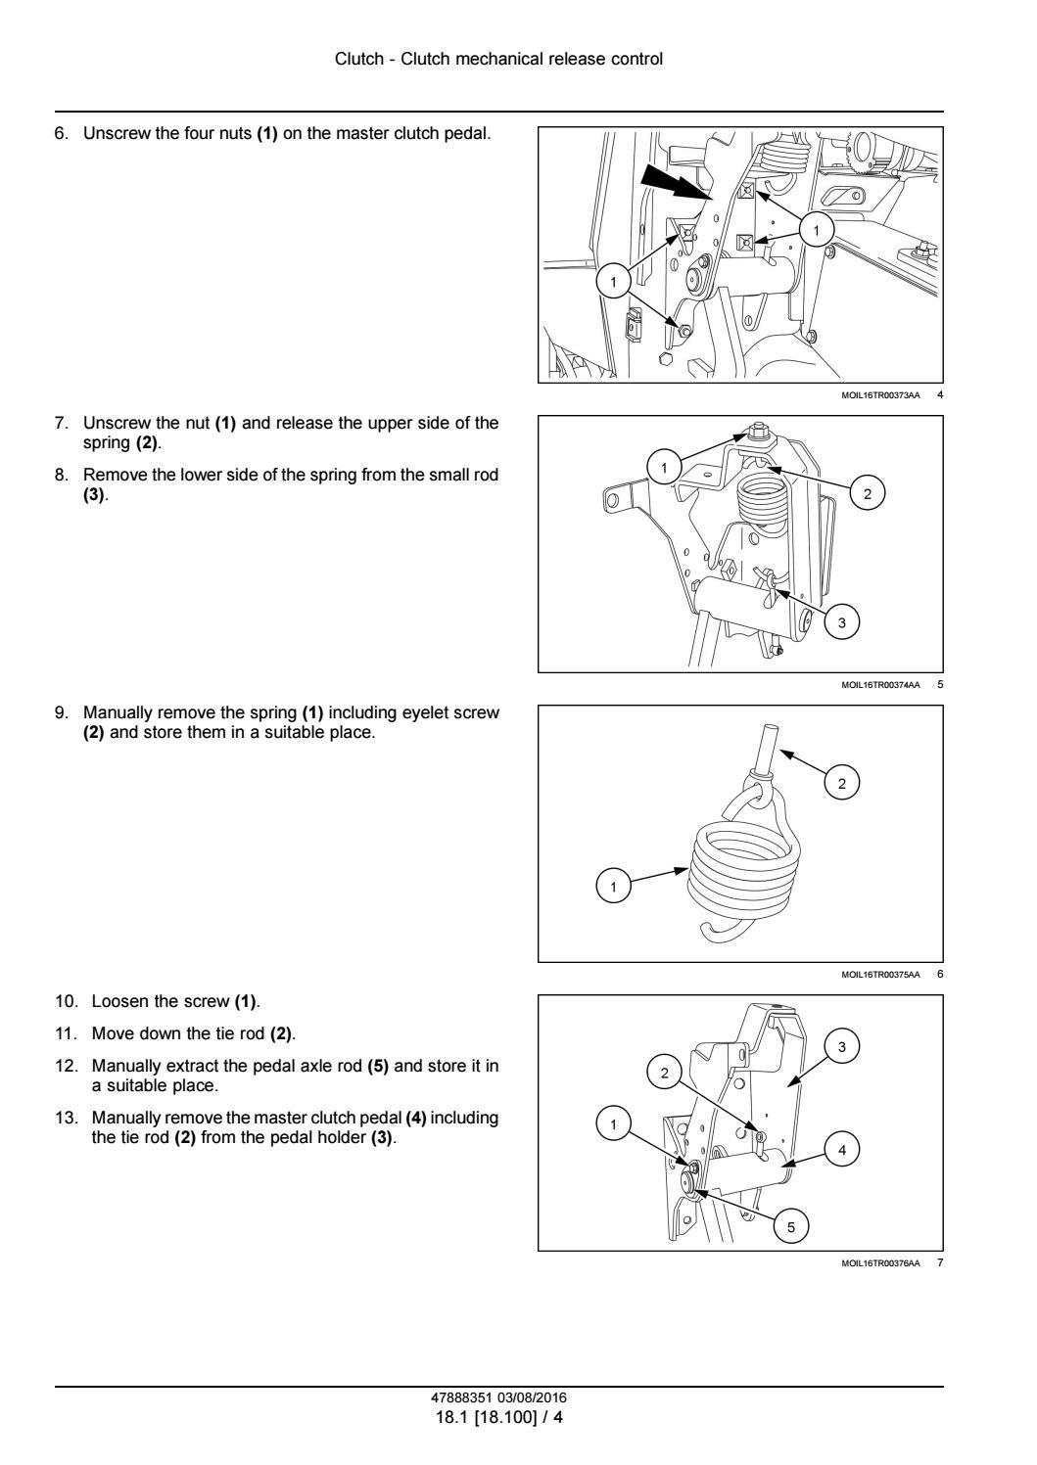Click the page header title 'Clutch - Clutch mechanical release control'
498,59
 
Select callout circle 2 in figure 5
868,492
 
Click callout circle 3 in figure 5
841,620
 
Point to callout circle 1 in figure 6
614,887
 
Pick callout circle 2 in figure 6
842,781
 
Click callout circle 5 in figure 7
791,1225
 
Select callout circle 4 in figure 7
842,1150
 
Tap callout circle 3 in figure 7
841,1047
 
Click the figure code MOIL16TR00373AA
880,395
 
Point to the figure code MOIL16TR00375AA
880,974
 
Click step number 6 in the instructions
62,133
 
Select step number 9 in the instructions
62,713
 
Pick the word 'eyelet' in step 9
429,713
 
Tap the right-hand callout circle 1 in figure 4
816,230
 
